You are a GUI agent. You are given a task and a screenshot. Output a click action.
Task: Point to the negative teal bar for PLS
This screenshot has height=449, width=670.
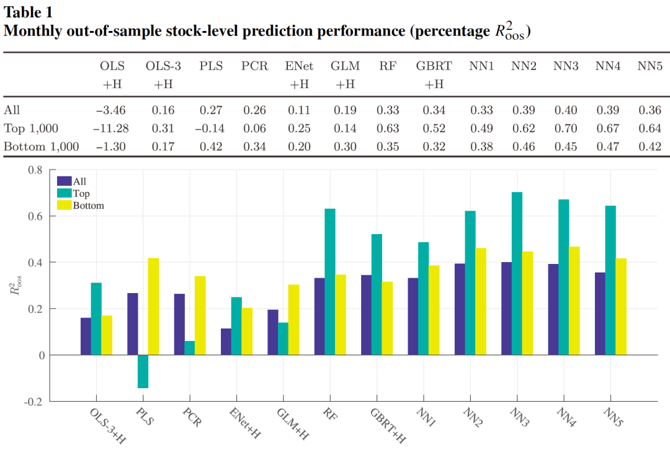point(143,371)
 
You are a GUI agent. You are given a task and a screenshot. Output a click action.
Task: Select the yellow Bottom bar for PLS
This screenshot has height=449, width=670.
point(153,306)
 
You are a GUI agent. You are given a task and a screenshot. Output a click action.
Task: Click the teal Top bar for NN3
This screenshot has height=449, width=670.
point(516,273)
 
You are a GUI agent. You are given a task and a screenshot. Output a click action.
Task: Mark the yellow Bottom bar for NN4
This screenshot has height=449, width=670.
point(574,301)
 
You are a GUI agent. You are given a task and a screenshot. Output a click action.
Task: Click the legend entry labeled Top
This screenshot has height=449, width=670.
point(81,193)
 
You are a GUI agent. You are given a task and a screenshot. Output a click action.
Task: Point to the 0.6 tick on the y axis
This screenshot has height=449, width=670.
point(41,216)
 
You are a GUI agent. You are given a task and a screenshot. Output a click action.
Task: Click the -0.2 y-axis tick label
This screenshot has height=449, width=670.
point(39,401)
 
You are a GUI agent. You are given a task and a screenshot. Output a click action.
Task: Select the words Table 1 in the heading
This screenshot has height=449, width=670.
point(29,12)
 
